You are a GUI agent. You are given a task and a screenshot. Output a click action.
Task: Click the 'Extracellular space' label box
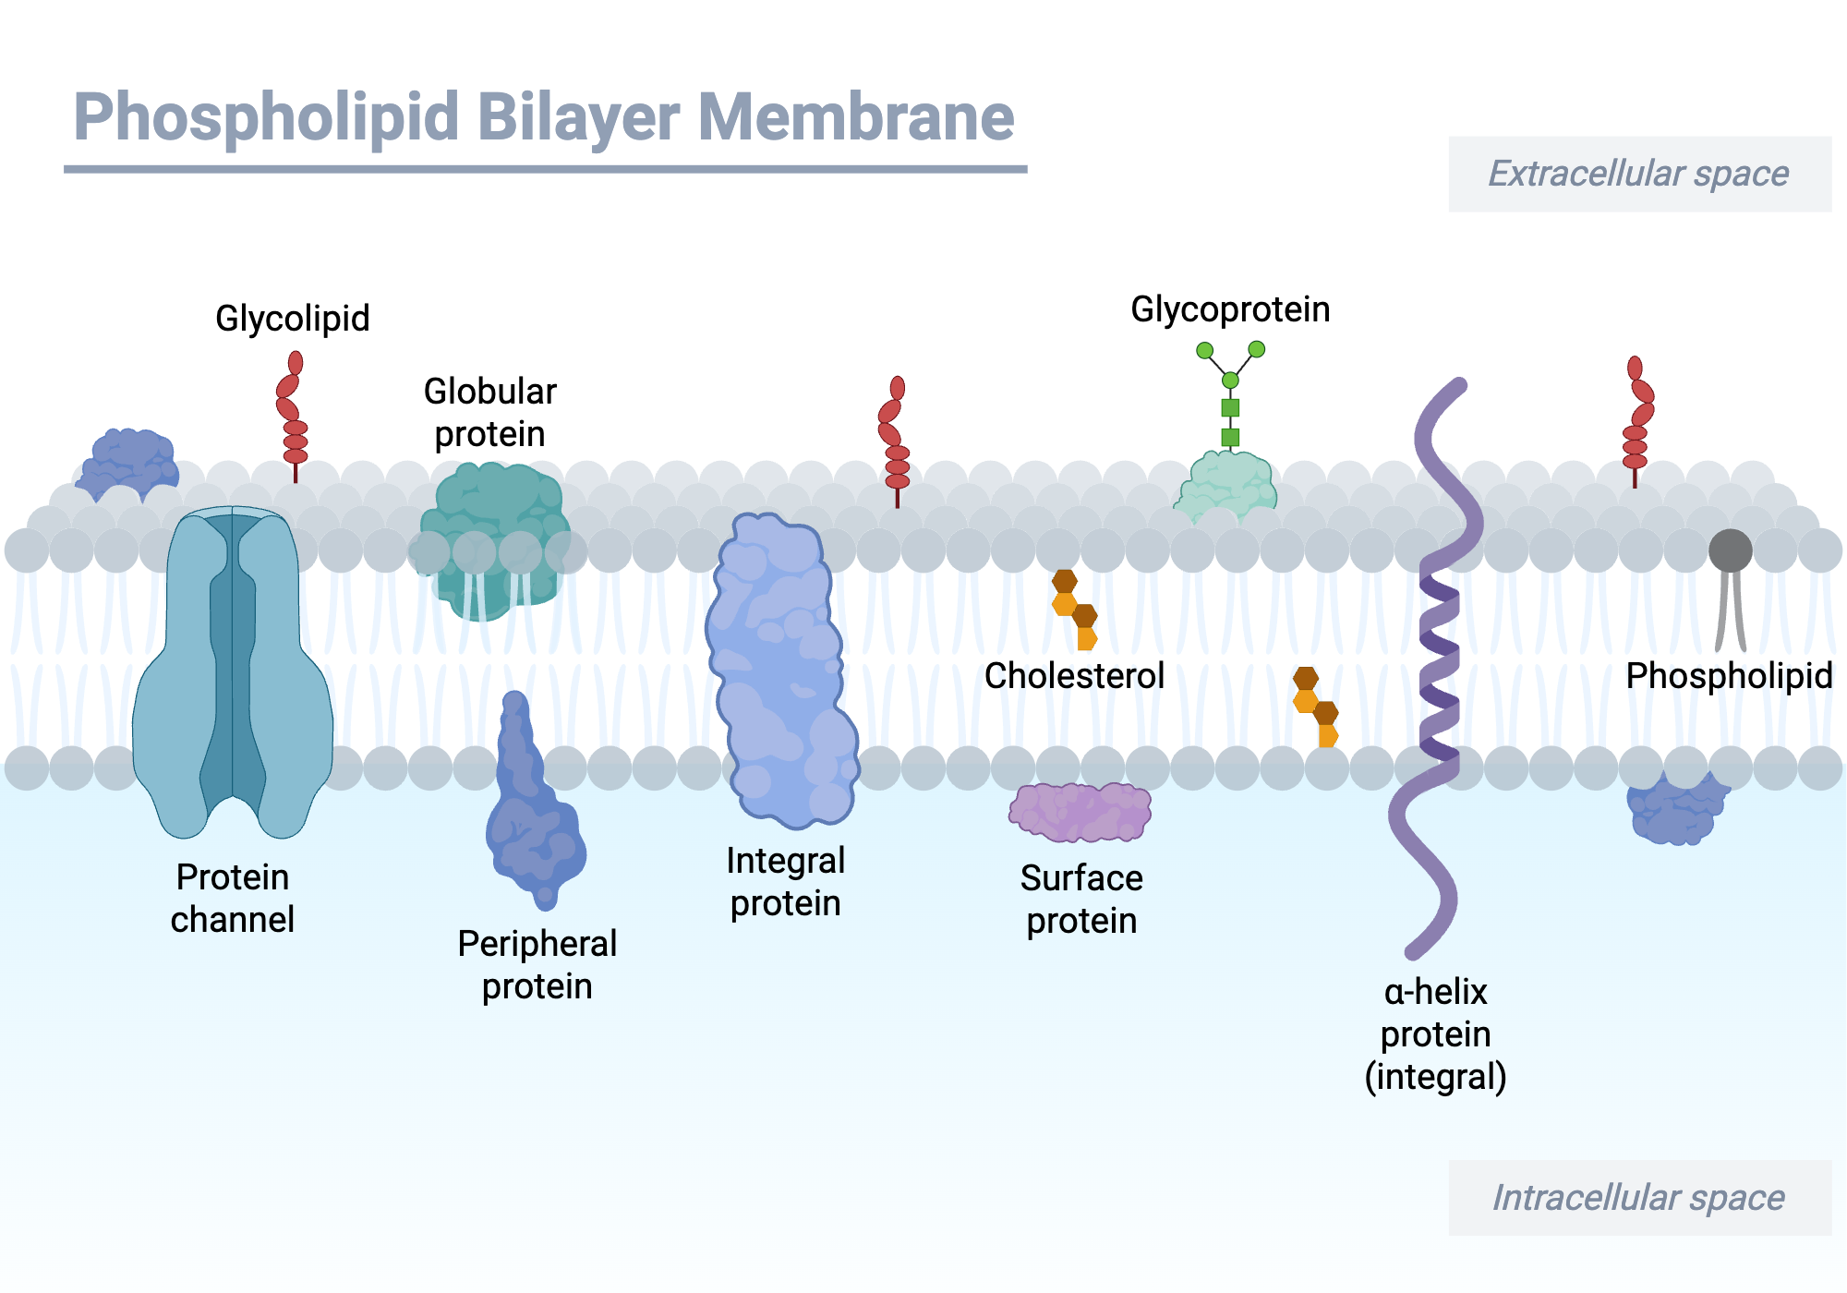click(x=1639, y=174)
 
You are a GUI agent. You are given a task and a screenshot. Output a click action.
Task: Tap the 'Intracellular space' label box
click(x=1639, y=1198)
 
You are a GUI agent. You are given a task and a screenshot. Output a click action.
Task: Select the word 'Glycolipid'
click(x=292, y=319)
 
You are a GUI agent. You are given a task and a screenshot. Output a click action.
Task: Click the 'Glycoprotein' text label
click(x=1230, y=309)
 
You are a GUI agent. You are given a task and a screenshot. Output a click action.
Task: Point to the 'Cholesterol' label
click(x=1074, y=676)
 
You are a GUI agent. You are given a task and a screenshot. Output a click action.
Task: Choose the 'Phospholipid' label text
click(x=1729, y=676)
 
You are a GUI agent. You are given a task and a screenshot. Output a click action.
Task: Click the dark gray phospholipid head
click(x=1730, y=550)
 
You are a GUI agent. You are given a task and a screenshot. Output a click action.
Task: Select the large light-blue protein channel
click(x=233, y=674)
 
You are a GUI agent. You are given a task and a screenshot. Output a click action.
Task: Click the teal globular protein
click(x=494, y=540)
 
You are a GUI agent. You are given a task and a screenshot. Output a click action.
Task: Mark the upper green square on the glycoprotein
click(x=1230, y=407)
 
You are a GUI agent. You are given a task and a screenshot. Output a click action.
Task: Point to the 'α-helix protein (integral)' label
click(x=1435, y=1034)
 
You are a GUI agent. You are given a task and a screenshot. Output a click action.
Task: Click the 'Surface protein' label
click(x=1081, y=900)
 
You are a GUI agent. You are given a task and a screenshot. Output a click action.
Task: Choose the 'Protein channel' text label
click(x=233, y=899)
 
